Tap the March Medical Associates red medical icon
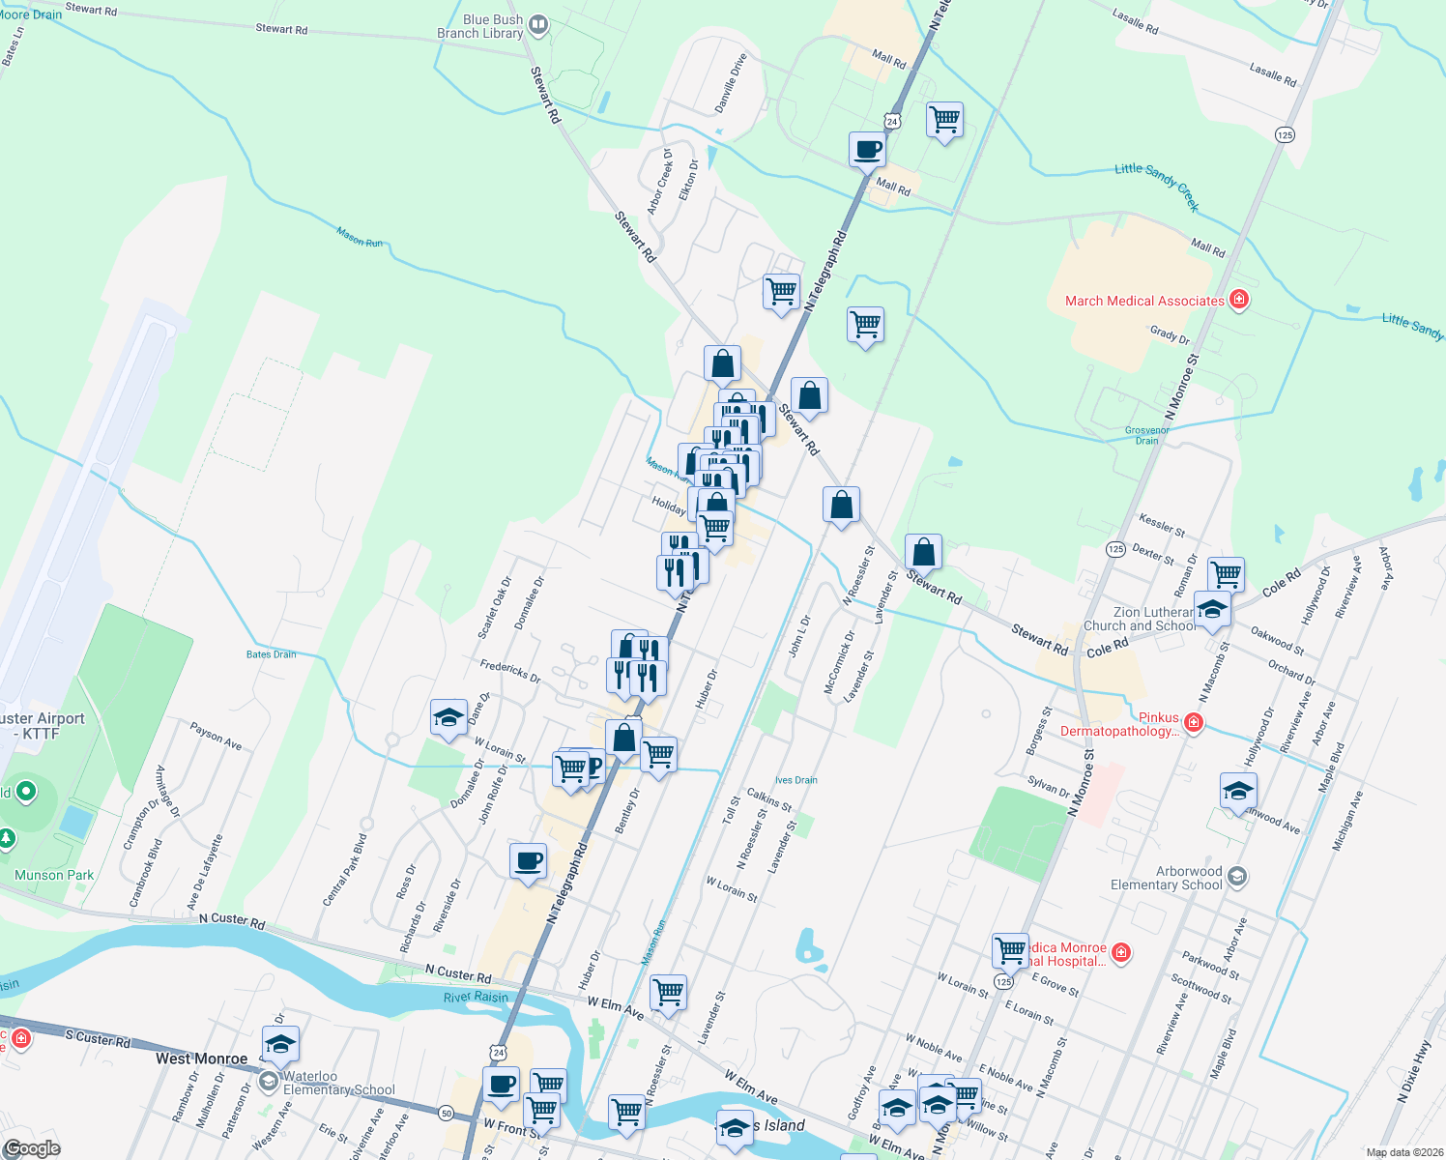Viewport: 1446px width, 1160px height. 1238,300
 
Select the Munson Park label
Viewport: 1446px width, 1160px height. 54,875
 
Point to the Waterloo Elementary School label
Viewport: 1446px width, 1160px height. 338,1083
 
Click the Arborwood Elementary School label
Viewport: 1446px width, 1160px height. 1167,878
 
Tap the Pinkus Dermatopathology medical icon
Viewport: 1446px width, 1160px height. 1194,722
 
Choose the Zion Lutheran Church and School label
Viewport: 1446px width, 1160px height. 1141,619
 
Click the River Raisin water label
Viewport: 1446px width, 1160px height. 476,998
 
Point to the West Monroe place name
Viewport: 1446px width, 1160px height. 202,1058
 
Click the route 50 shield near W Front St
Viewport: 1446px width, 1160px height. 446,1113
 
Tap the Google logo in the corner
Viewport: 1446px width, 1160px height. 33,1148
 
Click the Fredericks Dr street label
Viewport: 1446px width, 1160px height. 510,670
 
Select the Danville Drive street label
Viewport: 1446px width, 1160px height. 731,83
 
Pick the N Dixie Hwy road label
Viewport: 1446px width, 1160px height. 1413,1071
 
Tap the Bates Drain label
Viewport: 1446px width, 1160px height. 272,654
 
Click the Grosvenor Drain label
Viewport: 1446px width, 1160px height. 1147,435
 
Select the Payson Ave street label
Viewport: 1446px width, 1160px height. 216,737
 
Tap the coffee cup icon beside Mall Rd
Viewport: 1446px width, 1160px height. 867,151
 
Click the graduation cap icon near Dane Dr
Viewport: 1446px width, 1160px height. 448,718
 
